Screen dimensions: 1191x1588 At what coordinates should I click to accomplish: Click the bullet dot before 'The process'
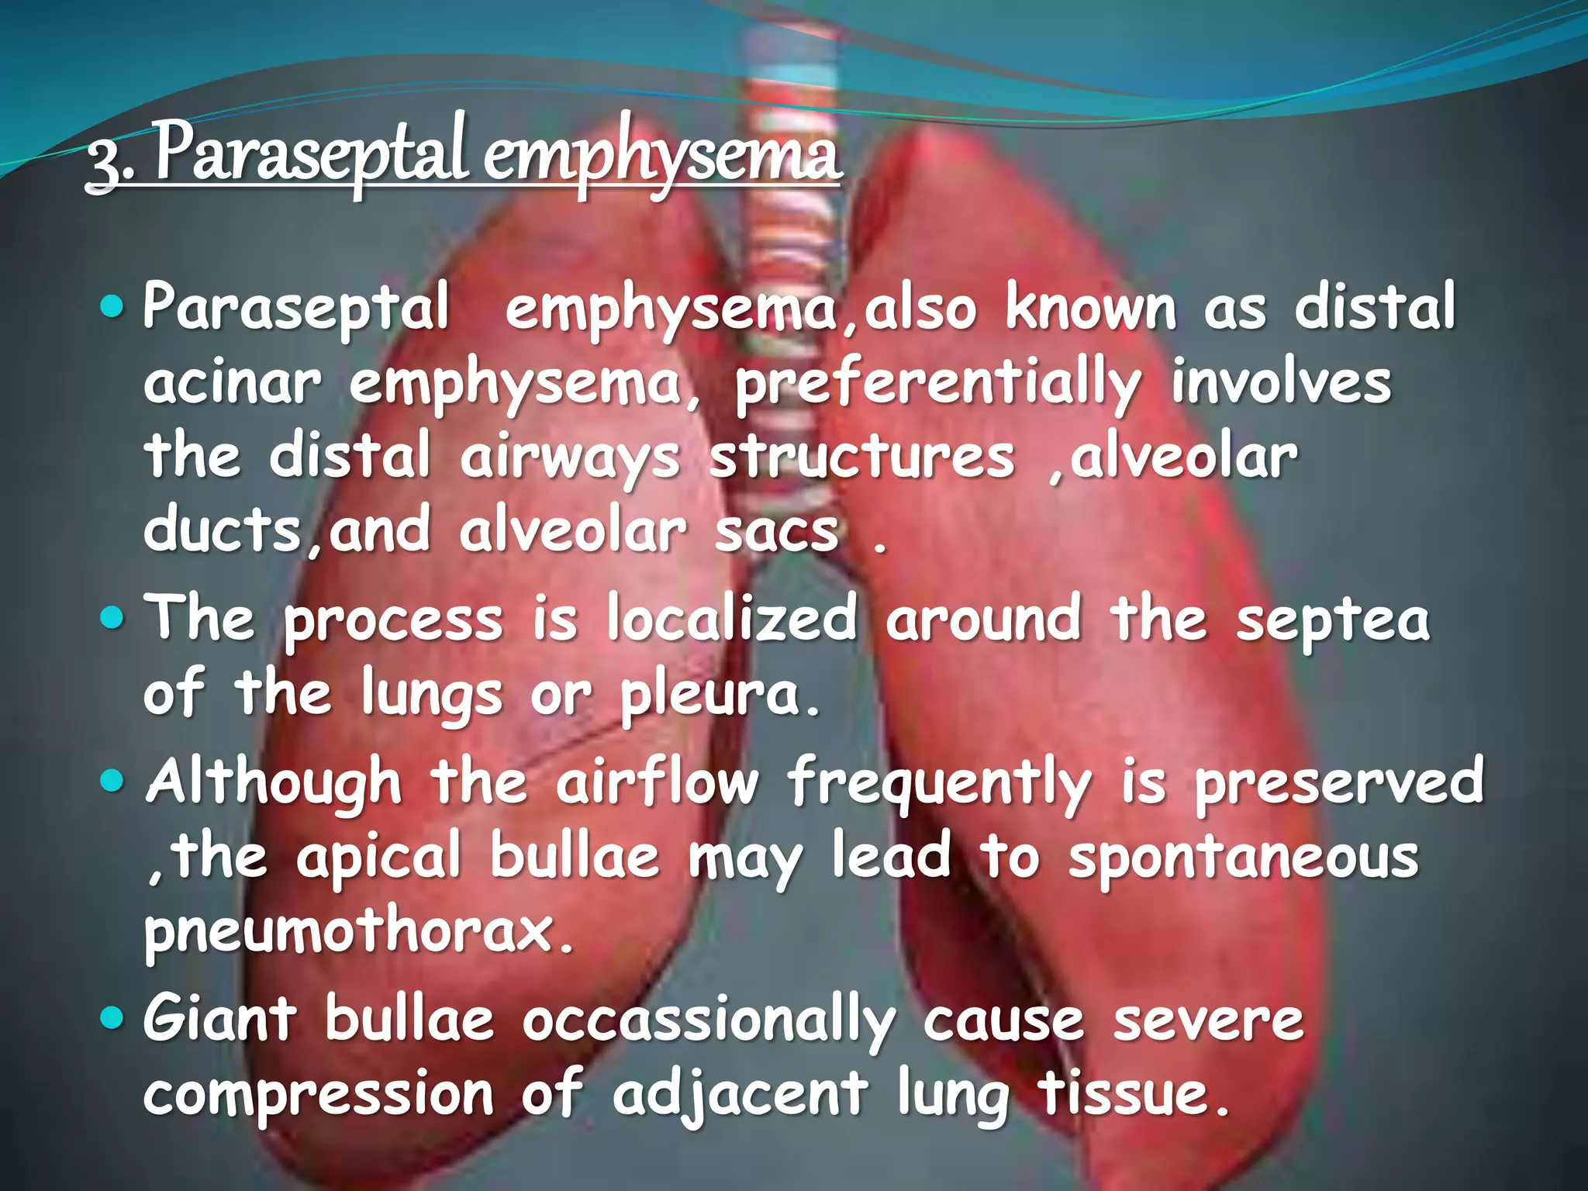[x=112, y=618]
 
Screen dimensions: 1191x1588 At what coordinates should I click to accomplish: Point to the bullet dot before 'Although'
[x=112, y=781]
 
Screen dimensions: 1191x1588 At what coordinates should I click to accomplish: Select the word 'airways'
[x=569, y=457]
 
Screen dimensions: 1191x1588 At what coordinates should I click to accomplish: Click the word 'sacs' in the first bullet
[x=776, y=532]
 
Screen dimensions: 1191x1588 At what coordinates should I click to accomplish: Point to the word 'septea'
[x=1332, y=620]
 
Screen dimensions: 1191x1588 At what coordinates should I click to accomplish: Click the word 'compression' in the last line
[x=319, y=1093]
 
